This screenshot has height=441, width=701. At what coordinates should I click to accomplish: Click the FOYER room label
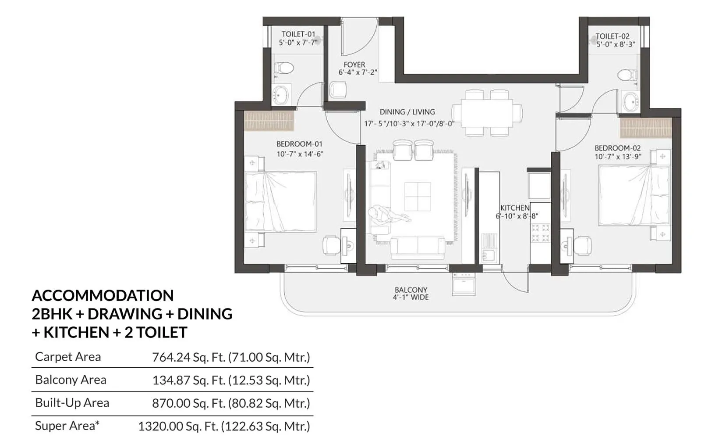pos(354,65)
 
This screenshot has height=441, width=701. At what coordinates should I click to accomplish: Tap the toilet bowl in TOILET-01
pos(283,68)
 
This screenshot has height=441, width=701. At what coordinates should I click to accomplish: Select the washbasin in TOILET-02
pos(630,102)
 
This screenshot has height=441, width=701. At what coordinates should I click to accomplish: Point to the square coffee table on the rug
pos(417,197)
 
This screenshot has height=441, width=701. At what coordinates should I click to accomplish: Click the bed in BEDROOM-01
pos(280,201)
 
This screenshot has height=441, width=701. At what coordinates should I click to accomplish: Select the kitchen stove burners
pos(540,233)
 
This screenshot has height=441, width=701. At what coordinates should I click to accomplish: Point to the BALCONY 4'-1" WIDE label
pos(411,293)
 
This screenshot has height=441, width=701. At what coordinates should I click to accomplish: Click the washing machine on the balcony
pos(464,284)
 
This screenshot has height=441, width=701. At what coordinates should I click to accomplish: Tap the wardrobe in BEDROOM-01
pos(268,121)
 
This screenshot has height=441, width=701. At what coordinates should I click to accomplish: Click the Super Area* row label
pos(67,426)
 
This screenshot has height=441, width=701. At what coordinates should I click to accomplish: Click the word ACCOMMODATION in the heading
pos(103,295)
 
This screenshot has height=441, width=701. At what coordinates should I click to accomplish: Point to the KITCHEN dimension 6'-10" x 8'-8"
pos(516,216)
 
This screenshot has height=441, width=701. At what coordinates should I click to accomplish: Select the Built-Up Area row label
pos(72,403)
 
